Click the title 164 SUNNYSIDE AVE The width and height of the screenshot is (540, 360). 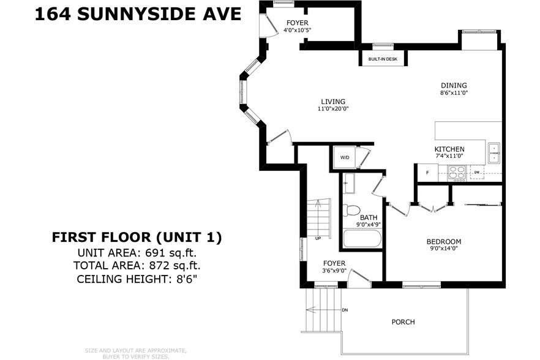click(x=138, y=13)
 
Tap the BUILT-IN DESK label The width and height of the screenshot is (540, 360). click(x=383, y=59)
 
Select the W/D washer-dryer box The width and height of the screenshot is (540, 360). click(x=345, y=158)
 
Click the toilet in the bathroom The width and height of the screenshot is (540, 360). click(x=351, y=210)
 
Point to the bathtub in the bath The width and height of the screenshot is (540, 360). click(x=362, y=238)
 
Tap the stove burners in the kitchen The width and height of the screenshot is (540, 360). click(x=457, y=173)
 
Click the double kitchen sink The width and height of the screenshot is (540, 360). click(x=493, y=153)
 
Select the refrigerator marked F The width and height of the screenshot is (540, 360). click(x=427, y=173)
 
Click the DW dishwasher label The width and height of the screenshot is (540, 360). click(x=476, y=173)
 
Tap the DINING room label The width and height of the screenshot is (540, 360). click(x=454, y=85)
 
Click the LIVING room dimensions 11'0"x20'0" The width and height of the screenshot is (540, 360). click(x=332, y=109)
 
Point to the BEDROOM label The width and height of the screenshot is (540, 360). click(x=443, y=241)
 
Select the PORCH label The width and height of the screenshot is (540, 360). click(x=403, y=321)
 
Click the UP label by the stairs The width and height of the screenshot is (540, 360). click(x=318, y=238)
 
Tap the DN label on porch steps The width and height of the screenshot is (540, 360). click(x=345, y=310)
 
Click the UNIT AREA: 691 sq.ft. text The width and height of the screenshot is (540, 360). click(x=137, y=252)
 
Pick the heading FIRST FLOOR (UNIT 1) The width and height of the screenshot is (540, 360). click(x=137, y=236)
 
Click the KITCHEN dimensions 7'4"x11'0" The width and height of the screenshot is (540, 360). click(x=449, y=156)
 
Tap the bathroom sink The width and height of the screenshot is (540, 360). click(x=347, y=182)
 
